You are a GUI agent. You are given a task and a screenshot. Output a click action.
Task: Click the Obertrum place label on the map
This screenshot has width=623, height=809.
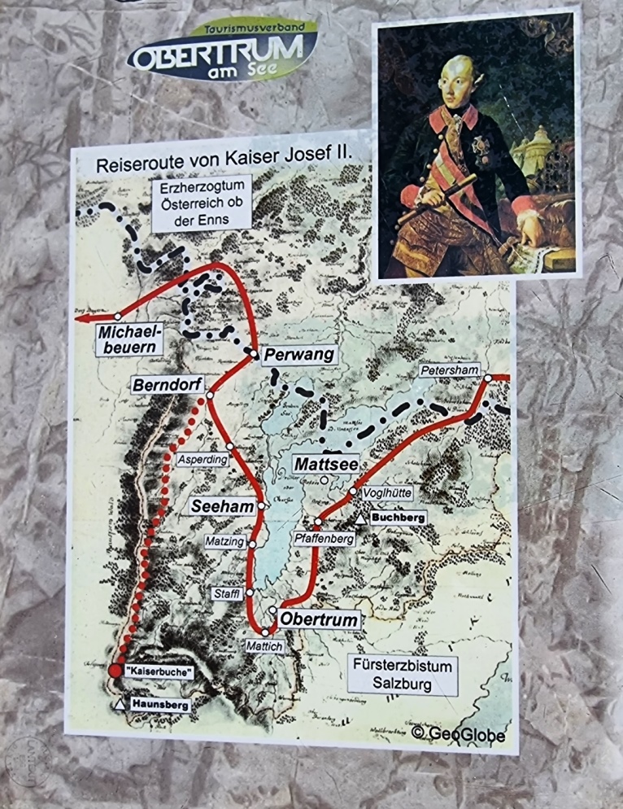(x=319, y=620)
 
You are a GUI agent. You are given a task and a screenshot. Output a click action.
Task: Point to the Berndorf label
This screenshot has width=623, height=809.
(x=169, y=383)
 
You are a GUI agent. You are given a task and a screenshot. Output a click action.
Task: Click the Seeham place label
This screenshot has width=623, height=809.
(x=222, y=506)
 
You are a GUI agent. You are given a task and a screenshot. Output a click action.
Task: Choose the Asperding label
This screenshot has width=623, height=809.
(x=203, y=459)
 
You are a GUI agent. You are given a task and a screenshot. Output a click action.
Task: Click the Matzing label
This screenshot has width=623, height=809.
(x=224, y=540)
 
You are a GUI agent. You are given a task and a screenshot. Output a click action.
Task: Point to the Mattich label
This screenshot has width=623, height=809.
(x=264, y=646)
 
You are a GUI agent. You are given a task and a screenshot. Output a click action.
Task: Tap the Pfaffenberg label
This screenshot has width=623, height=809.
(x=325, y=538)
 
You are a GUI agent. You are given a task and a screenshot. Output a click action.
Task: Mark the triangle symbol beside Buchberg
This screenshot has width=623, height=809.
(x=359, y=518)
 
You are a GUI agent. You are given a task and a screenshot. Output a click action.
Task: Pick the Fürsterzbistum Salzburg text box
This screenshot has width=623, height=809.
(x=402, y=675)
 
